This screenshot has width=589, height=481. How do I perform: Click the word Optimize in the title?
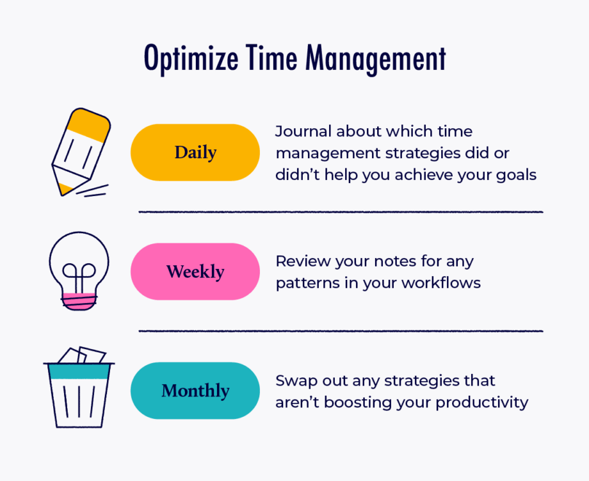pyautogui.click(x=191, y=59)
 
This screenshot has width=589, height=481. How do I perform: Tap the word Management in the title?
pyautogui.click(x=376, y=59)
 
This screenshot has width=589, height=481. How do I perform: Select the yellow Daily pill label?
pyautogui.click(x=195, y=152)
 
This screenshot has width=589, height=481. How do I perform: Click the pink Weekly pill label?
pyautogui.click(x=195, y=272)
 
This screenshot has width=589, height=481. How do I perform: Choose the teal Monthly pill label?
pyautogui.click(x=195, y=391)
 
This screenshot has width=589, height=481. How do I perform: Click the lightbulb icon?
pyautogui.click(x=79, y=271)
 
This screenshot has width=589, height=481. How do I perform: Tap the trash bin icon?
pyautogui.click(x=79, y=387)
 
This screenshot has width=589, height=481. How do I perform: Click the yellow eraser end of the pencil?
pyautogui.click(x=90, y=124)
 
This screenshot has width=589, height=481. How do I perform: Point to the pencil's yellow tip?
pyautogui.click(x=64, y=189)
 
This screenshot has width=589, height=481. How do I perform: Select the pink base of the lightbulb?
pyautogui.click(x=79, y=301)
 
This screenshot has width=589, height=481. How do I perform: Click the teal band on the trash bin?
pyautogui.click(x=79, y=371)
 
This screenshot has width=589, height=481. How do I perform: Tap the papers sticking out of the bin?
pyautogui.click(x=82, y=355)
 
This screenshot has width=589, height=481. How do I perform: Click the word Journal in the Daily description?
pyautogui.click(x=303, y=132)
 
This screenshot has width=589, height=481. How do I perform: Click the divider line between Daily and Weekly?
pyautogui.click(x=341, y=212)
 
